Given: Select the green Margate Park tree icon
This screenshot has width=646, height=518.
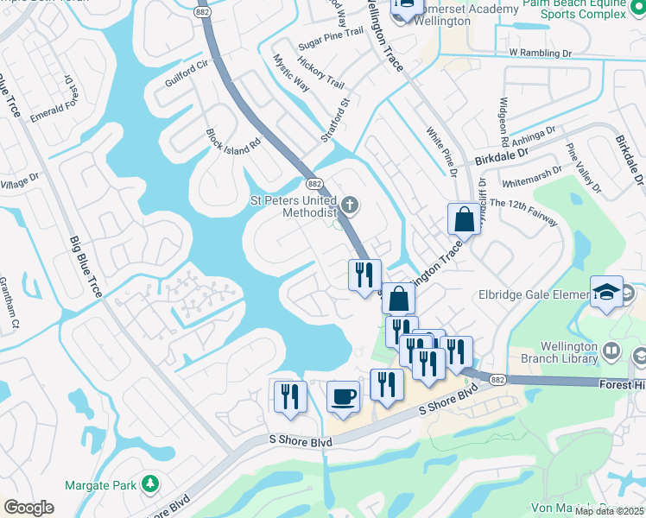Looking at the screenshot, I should click(x=150, y=482).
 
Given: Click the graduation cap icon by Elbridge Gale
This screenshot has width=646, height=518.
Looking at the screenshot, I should click(x=606, y=292).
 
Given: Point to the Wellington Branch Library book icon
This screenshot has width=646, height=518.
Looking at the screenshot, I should click(x=611, y=350).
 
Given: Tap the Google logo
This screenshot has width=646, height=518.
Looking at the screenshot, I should click(x=28, y=508).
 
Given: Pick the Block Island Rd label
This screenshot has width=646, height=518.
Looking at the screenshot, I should click(x=232, y=142).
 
